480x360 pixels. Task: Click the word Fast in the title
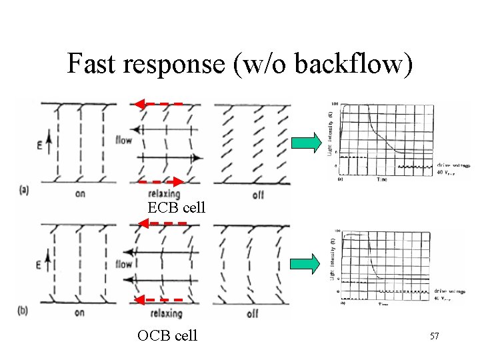click(x=93, y=63)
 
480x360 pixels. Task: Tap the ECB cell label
click(x=177, y=207)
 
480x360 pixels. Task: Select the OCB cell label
click(x=167, y=335)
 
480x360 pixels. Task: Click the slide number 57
click(x=434, y=337)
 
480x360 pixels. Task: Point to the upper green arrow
click(x=307, y=142)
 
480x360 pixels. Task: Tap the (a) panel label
click(x=24, y=190)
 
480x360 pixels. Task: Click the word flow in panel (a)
click(x=124, y=140)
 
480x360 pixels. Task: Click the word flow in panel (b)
click(x=124, y=264)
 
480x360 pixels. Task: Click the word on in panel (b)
click(x=79, y=313)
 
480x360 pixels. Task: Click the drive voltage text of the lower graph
click(x=451, y=291)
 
